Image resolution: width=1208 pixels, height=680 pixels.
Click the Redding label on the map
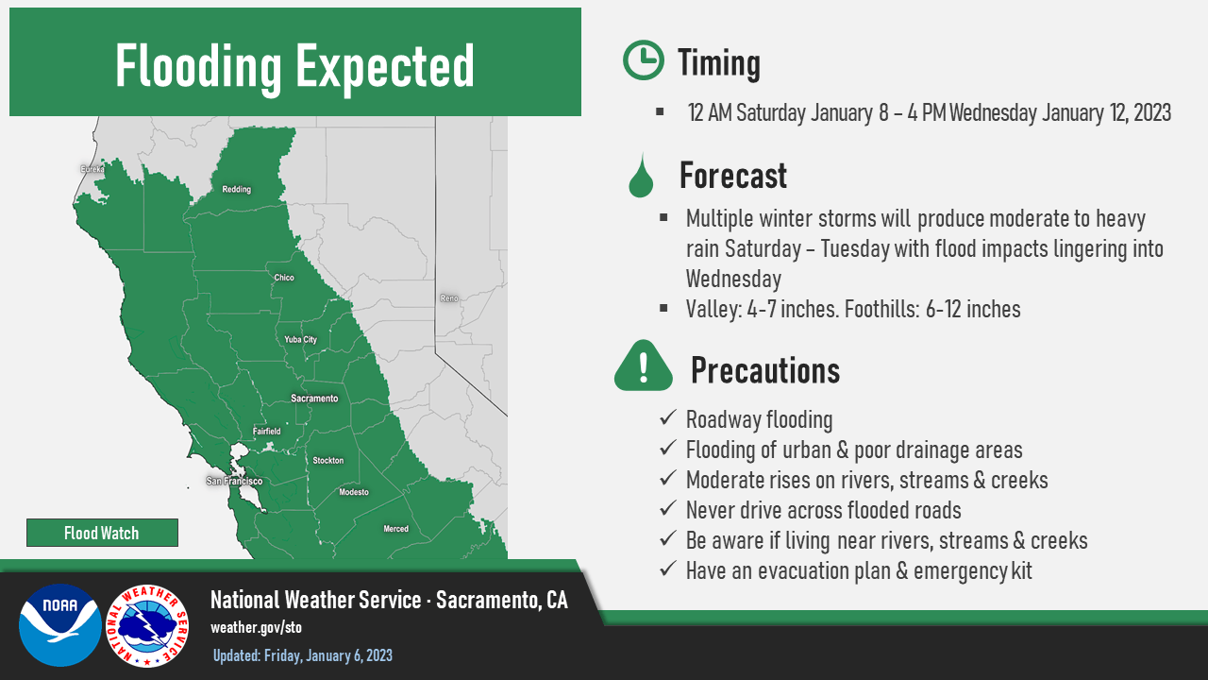237,190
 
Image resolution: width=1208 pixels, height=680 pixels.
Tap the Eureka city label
92,169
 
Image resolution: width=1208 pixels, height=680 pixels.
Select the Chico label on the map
284,278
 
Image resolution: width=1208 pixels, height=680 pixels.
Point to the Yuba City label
300,339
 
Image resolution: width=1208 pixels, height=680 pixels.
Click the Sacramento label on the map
314,399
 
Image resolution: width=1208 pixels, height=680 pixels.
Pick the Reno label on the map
449,297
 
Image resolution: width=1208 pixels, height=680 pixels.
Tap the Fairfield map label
267,432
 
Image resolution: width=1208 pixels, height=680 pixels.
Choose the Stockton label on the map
327,460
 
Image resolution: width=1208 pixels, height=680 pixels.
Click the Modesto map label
354,492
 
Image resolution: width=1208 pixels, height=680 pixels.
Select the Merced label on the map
395,529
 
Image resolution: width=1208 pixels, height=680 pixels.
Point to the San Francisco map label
235,481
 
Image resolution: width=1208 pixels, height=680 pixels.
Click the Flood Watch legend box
103,533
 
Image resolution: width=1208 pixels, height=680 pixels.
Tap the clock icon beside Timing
644,59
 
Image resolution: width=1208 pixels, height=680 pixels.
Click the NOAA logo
60,625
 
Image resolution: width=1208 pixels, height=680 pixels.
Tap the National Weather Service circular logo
147,626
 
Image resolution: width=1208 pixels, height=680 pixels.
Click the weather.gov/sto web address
256,628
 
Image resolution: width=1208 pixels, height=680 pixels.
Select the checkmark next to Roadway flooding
668,417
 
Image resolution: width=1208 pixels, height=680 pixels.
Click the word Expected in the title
384,67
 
